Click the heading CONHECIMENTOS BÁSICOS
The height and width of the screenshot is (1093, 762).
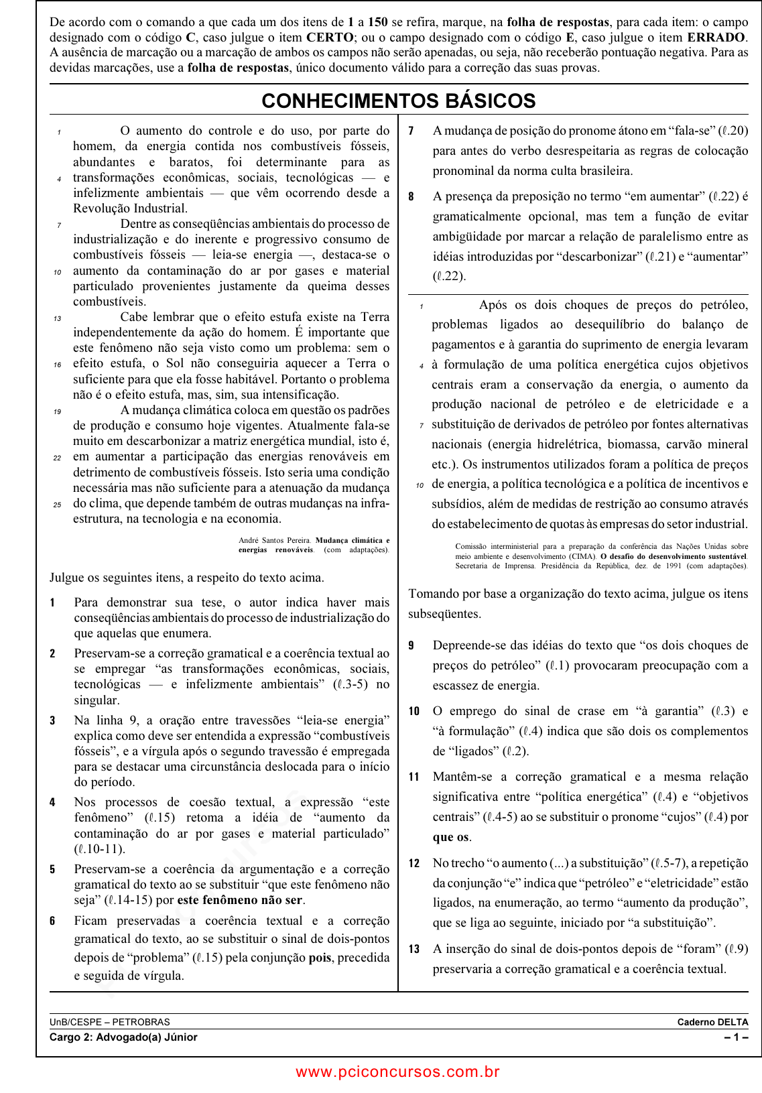tap(399, 101)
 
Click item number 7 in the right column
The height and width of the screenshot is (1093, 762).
tap(411, 131)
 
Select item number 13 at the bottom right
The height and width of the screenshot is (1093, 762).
tap(414, 950)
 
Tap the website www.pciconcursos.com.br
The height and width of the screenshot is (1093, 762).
tap(398, 1072)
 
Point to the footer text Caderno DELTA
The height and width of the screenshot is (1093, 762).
tap(712, 1022)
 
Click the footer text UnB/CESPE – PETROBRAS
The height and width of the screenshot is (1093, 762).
tap(110, 1022)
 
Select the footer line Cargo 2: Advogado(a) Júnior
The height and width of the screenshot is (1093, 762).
tap(123, 1037)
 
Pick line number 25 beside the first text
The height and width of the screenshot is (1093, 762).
tap(58, 505)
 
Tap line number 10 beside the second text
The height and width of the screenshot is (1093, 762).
tap(420, 485)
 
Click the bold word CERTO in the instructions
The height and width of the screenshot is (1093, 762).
tap(330, 38)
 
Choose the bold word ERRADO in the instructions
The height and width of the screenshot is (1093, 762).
tap(716, 38)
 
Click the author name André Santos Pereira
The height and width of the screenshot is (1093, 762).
tap(275, 540)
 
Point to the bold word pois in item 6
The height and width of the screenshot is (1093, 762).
tap(320, 958)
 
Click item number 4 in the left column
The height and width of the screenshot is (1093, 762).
tap(52, 803)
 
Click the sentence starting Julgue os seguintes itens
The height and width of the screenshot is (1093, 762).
tap(186, 578)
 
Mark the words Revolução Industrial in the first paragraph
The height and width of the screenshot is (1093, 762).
tap(130, 208)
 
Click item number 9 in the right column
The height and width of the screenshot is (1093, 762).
tap(411, 646)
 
